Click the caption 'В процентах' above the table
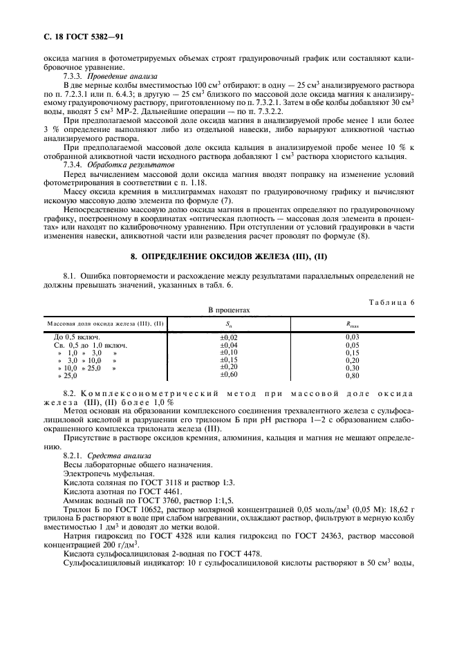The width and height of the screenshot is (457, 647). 229,311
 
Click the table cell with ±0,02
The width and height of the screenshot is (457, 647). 228,337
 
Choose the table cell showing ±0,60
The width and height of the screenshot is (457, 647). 228,374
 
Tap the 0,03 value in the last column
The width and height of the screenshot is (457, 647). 353,337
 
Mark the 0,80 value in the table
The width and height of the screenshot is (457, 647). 353,375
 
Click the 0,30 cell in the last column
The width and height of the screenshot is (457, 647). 353,368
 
